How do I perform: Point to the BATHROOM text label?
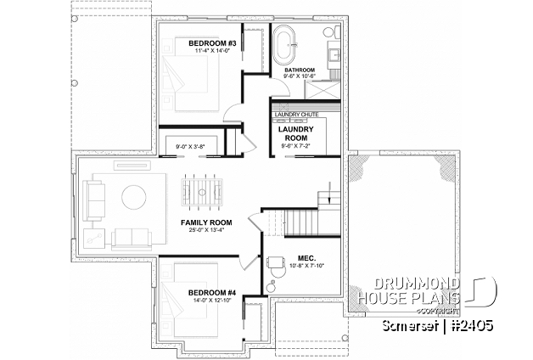pos(300,70)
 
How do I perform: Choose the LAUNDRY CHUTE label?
pos(296,113)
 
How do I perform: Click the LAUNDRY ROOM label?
pos(297,133)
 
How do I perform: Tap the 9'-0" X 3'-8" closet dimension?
pos(192,147)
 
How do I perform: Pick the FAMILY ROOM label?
pos(205,222)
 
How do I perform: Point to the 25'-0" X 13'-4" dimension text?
pos(205,231)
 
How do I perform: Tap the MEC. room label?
pos(306,256)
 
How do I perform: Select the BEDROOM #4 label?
pos(213,294)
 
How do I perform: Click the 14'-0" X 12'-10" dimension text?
pos(213,302)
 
